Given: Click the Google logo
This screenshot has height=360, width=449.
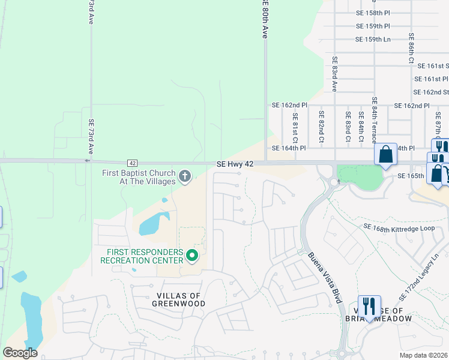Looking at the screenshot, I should coord(20,353).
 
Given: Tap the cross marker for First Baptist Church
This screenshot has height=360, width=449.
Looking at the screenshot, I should coord(185,176).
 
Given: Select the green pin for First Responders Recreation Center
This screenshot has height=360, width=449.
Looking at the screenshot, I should coord(192,256).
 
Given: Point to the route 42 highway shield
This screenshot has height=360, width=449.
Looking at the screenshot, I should coord(133,163).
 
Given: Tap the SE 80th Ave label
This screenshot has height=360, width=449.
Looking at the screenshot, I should coord(264,19).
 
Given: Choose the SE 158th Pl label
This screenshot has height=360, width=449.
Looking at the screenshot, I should coord(373,13).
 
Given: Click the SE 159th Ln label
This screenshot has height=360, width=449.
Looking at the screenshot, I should coord(373,40).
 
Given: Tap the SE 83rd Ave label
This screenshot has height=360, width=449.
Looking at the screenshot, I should coord(334,74).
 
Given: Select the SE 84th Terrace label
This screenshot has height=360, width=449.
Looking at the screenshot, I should coord(374,120).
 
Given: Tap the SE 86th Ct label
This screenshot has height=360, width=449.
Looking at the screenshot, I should coord(411,48).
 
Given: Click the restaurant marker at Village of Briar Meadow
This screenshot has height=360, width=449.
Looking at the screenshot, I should coord(369,305).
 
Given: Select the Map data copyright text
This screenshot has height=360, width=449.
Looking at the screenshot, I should coord(423,355).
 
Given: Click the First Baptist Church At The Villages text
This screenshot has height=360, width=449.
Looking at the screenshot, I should coord(138,177).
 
